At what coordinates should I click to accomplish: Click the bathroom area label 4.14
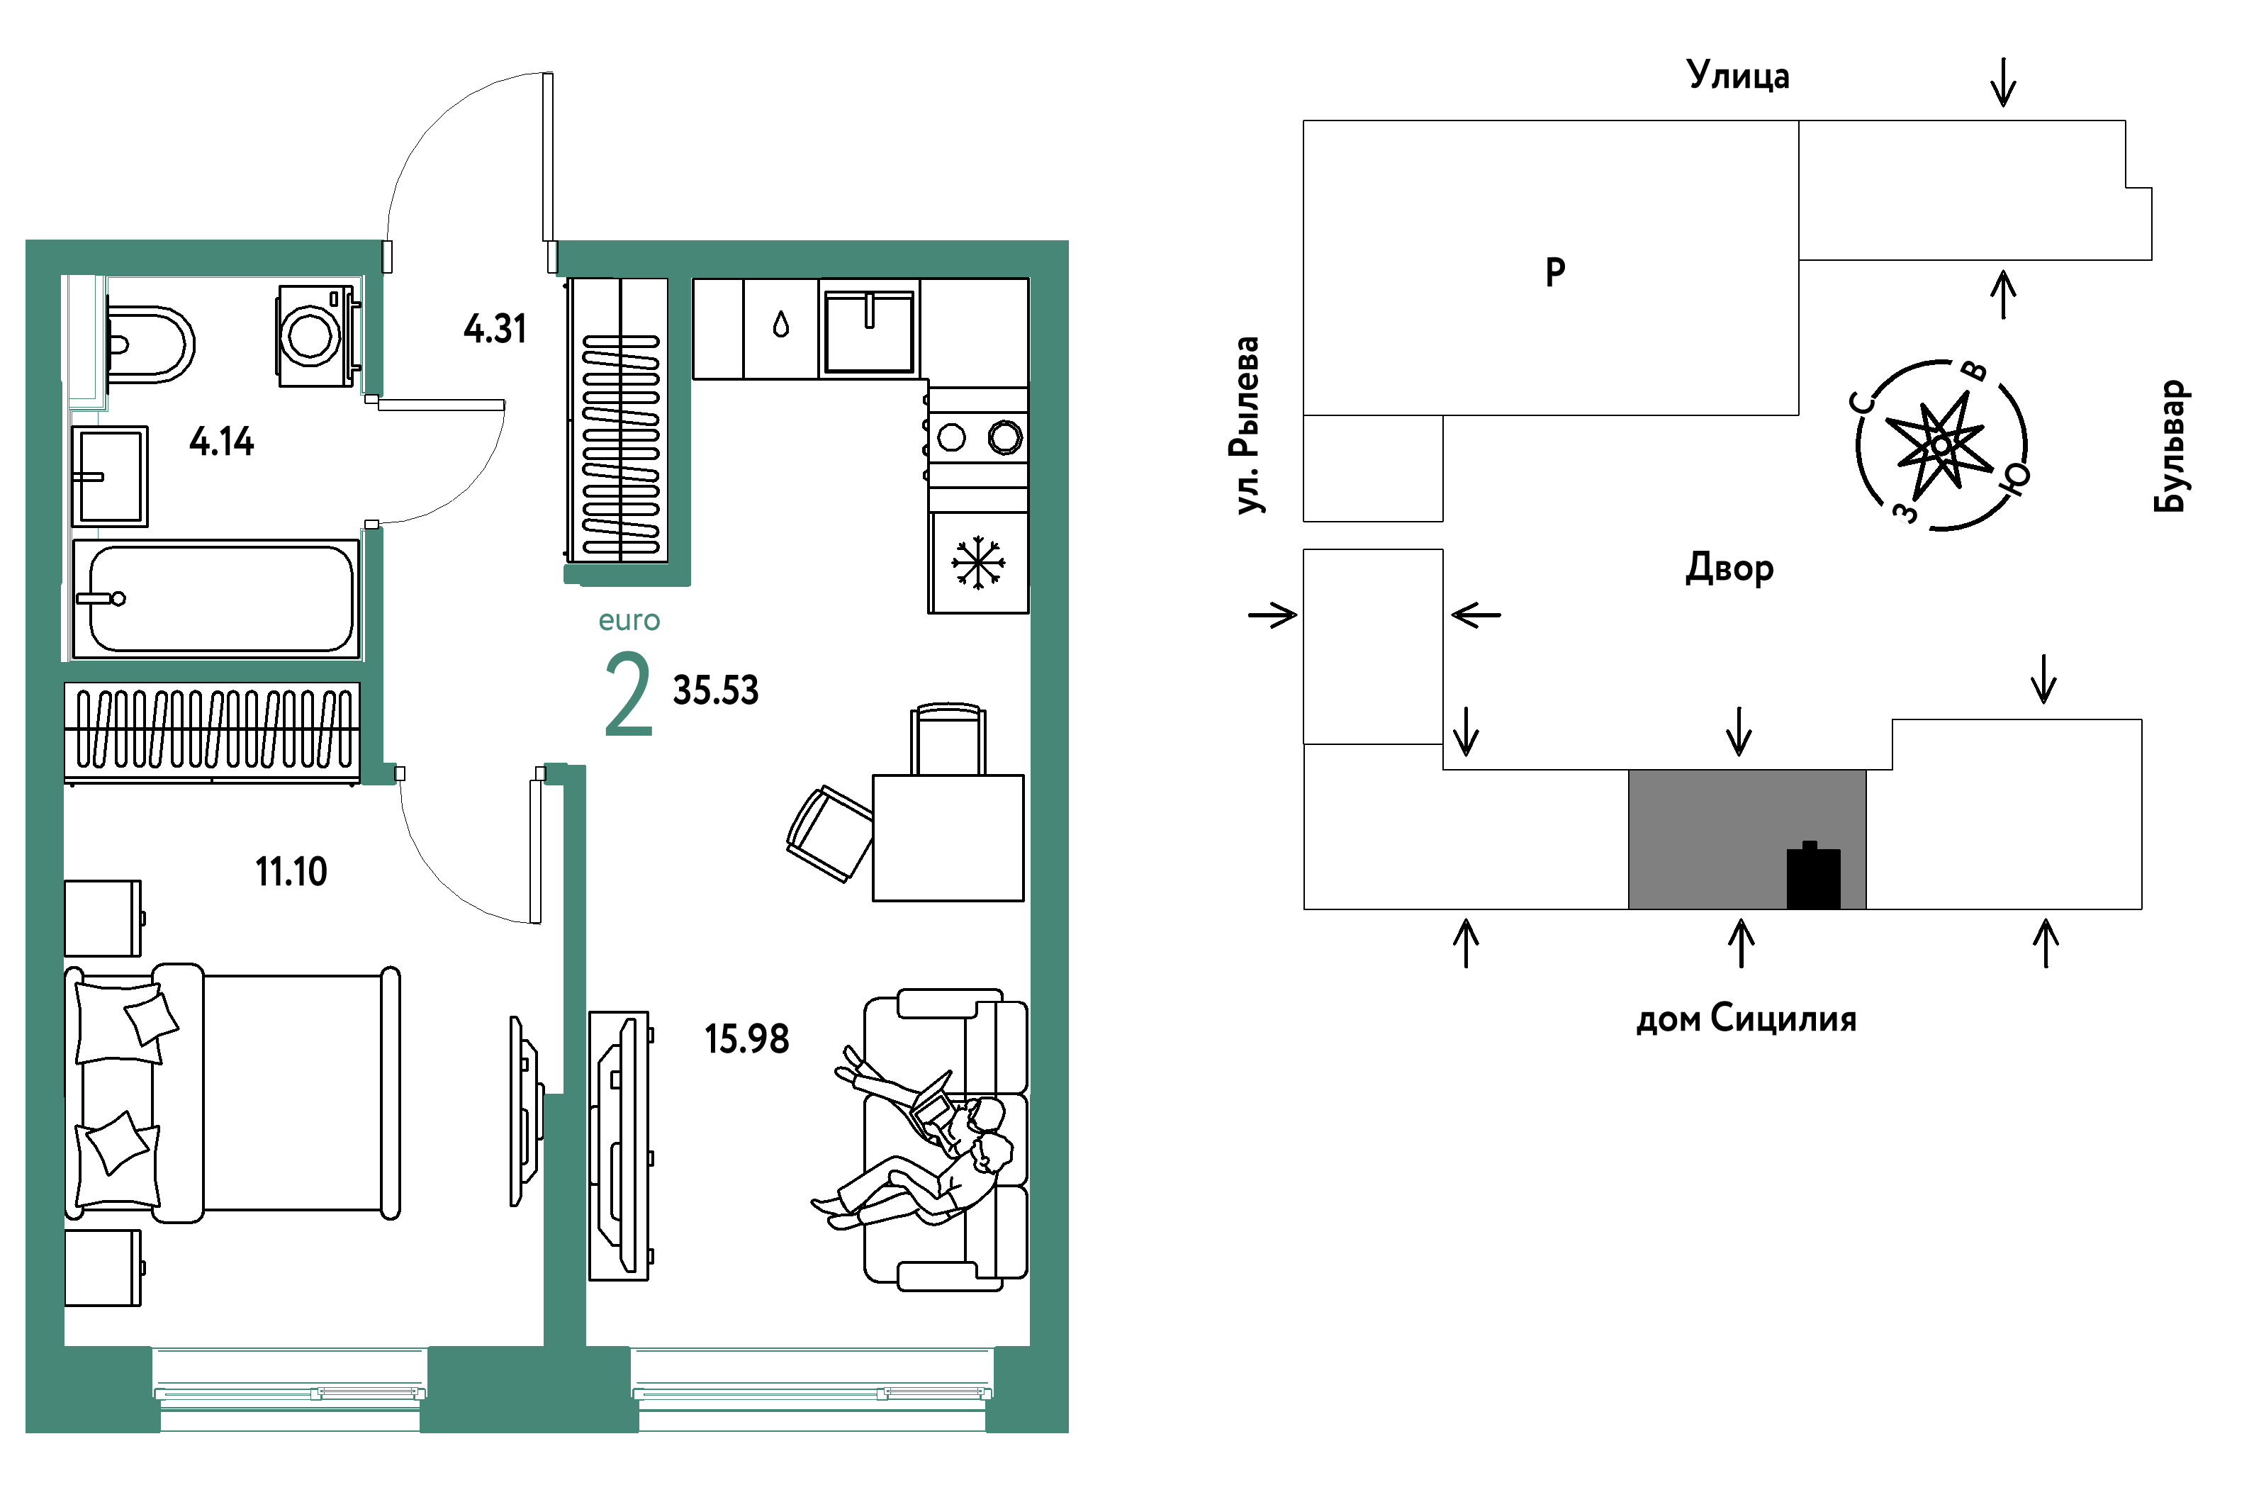pyautogui.click(x=221, y=442)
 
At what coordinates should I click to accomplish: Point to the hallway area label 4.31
pyautogui.click(x=495, y=329)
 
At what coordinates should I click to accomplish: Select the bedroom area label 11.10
pyautogui.click(x=291, y=872)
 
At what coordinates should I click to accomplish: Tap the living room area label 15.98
pyautogui.click(x=747, y=1039)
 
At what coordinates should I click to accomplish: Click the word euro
pyautogui.click(x=629, y=621)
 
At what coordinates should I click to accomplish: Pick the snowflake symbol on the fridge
pyautogui.click(x=978, y=562)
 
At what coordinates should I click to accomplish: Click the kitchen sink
pyautogui.click(x=869, y=330)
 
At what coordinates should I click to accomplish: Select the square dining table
pyautogui.click(x=948, y=838)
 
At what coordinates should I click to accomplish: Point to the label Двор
pyautogui.click(x=1730, y=568)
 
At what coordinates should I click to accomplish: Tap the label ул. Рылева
pyautogui.click(x=1246, y=425)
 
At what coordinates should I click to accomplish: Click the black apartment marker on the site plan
pyautogui.click(x=1813, y=875)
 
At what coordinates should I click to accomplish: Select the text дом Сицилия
pyautogui.click(x=1746, y=1019)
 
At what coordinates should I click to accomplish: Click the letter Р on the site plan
pyautogui.click(x=1556, y=272)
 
